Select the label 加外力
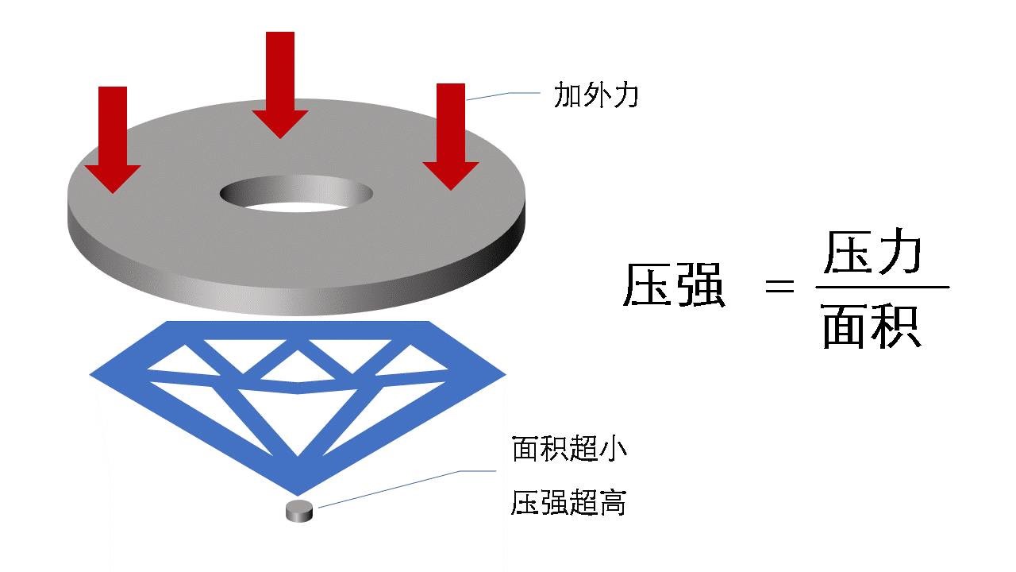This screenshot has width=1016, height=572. pos(596,96)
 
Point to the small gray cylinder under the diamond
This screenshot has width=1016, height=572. pos(299,512)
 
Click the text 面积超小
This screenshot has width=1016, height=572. pos(569,450)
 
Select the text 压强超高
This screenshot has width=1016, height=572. pos(569,503)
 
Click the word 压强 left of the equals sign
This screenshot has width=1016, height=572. pos(674,286)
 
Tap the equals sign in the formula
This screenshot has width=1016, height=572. pos(779,287)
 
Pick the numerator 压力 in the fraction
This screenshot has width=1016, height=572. pos(872,253)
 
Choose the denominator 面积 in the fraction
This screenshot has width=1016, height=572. pos(872,327)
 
